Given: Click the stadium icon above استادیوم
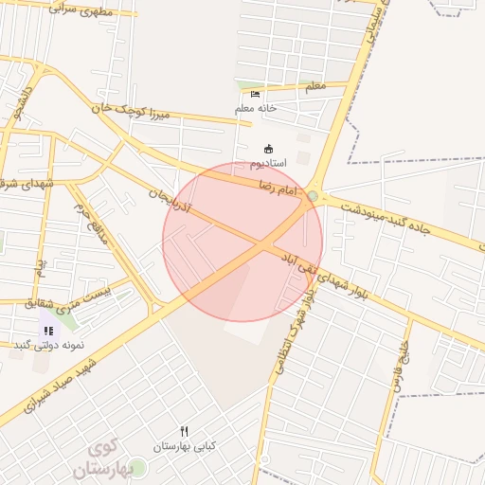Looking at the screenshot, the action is pyautogui.click(x=268, y=149).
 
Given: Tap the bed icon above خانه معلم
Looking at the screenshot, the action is pyautogui.click(x=255, y=94).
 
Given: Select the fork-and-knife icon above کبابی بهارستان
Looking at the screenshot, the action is pyautogui.click(x=185, y=431).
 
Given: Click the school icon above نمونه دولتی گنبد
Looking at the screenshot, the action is pyautogui.click(x=47, y=331).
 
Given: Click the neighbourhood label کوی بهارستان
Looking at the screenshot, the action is pyautogui.click(x=99, y=458).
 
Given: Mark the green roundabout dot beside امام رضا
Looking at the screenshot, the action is pyautogui.click(x=314, y=196).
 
